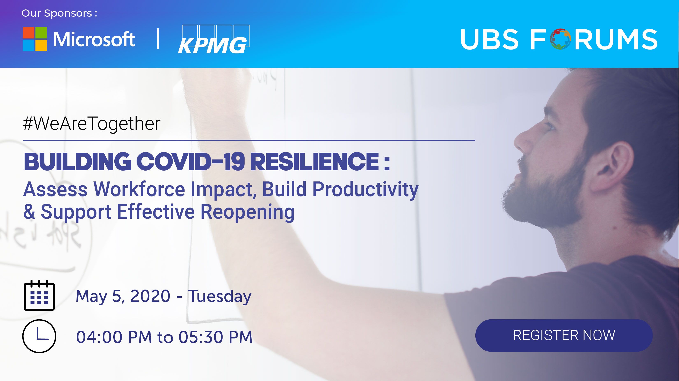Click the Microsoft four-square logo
[35, 39]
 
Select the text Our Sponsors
[57, 13]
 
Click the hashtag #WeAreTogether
[92, 124]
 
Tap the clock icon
[39, 336]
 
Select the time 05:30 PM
[216, 337]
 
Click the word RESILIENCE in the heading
[315, 161]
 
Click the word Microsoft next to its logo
[94, 39]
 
